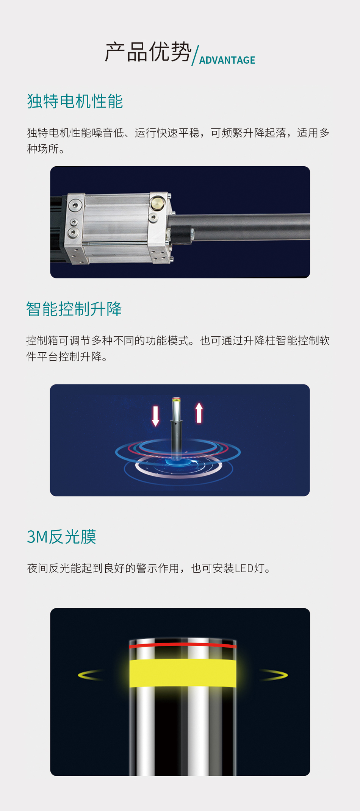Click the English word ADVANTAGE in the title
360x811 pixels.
(227, 60)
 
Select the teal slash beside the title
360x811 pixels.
(196, 55)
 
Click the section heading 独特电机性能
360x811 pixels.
(75, 101)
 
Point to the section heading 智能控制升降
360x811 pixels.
(74, 309)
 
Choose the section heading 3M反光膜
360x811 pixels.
(61, 536)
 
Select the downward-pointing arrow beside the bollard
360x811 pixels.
(155, 416)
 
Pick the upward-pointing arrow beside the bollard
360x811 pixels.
(199, 413)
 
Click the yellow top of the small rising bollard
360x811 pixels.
(176, 399)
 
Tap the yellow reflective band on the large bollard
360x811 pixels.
(183, 673)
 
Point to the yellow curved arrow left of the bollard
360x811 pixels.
(90, 675)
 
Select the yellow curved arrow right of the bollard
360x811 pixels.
(274, 675)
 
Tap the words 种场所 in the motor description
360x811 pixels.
(43, 149)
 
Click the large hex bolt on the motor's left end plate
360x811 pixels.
(75, 205)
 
